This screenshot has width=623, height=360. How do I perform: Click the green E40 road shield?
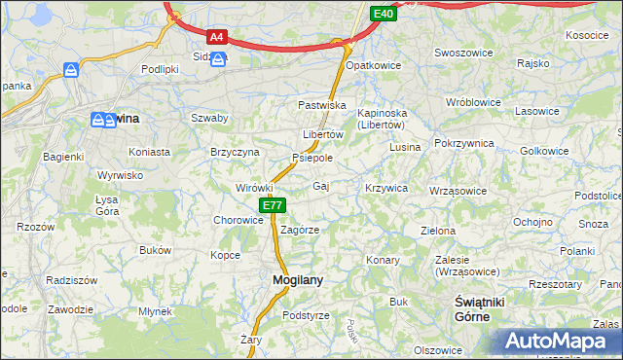coord(384,13)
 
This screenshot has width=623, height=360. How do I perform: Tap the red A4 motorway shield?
coord(217,38)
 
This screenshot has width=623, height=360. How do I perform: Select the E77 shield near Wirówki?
coord(273,205)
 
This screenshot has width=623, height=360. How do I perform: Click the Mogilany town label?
coord(290,280)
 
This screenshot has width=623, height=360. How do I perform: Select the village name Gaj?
coord(320,186)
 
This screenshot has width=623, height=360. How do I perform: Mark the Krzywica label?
coord(385,188)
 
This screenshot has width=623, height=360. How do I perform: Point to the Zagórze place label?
coord(300,231)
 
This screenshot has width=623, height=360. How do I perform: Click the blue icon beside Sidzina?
coord(219,60)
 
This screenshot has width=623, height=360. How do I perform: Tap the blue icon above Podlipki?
coord(71,70)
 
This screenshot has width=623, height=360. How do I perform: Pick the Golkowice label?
coord(544,151)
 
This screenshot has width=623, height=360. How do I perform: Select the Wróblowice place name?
coord(471,101)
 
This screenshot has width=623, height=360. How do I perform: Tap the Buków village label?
coord(155,250)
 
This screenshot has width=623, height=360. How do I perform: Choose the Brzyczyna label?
coord(235,152)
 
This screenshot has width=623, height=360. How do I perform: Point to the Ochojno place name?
coord(532,222)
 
